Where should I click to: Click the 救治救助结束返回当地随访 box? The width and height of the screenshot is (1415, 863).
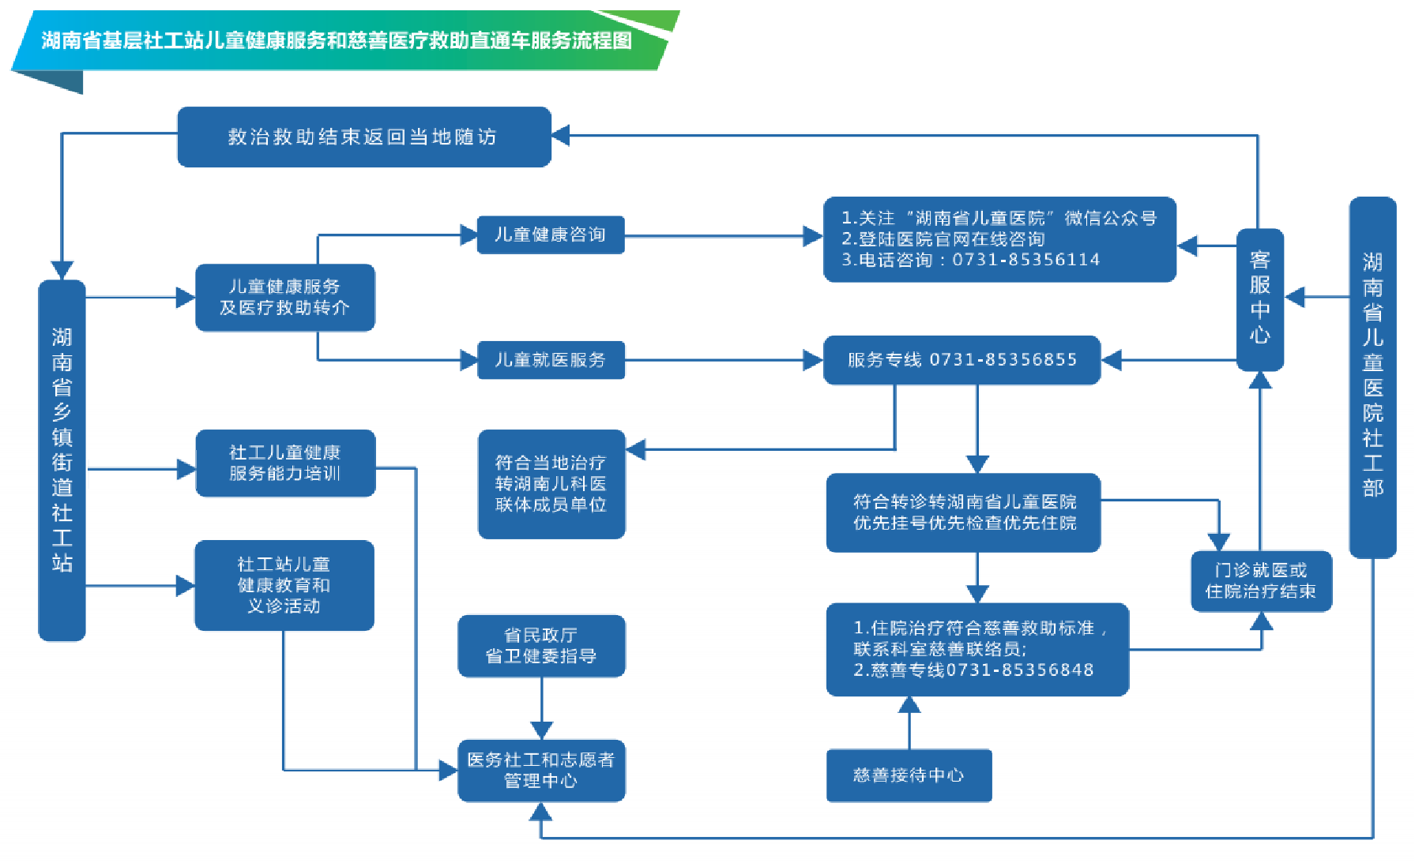coord(363,137)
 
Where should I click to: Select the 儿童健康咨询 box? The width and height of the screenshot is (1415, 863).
coord(550,235)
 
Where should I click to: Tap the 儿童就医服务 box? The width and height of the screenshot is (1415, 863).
coord(550,360)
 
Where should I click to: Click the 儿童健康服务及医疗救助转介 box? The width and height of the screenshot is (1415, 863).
coord(284,297)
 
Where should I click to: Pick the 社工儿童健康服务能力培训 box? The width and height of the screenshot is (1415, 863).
coord(284,463)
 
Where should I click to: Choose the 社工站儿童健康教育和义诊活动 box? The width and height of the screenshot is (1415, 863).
coord(284,585)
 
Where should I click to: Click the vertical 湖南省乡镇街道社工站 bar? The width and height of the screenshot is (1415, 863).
coord(62,460)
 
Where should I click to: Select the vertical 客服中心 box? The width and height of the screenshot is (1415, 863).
coord(1259,299)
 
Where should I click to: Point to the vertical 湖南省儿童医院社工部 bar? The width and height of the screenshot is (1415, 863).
coord(1372,377)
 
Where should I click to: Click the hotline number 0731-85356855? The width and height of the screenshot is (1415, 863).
coord(1003,360)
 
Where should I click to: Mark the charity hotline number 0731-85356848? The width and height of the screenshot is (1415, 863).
coord(1020,670)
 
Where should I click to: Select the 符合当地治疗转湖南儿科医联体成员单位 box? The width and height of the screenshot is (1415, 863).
coord(551,483)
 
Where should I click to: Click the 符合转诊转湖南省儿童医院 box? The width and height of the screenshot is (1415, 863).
coord(963,512)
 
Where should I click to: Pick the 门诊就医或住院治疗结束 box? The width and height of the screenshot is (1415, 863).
coord(1261,581)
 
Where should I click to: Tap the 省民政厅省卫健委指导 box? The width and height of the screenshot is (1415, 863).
coord(541,646)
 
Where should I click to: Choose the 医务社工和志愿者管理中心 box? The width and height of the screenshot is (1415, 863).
coord(541,770)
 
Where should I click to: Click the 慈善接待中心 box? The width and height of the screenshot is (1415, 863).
coord(909,775)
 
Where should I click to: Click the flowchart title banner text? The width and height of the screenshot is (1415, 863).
coord(337,40)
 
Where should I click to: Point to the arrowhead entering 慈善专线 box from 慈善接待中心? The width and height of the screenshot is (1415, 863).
coord(909,704)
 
